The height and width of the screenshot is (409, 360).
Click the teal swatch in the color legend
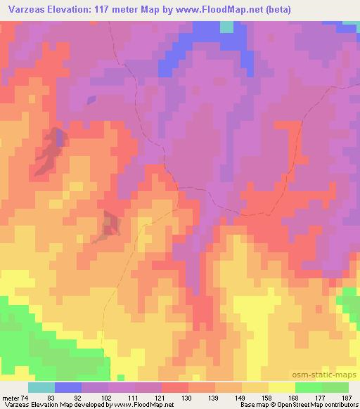pos(41,387)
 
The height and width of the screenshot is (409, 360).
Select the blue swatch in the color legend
pos(68,387)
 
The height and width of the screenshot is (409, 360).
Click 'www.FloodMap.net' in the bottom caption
pos(144,405)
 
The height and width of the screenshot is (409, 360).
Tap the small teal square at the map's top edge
pos(226,27)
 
